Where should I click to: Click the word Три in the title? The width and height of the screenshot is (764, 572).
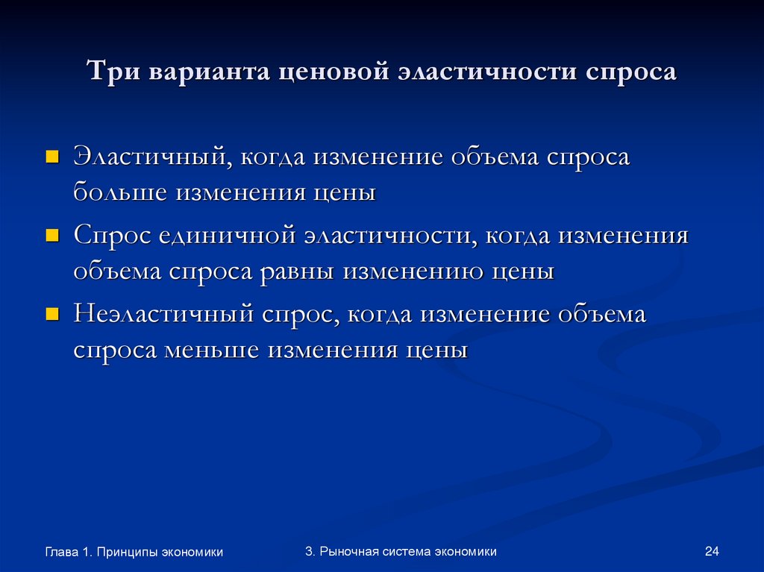pyautogui.click(x=113, y=72)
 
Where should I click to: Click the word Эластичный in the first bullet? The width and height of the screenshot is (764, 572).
pyautogui.click(x=149, y=158)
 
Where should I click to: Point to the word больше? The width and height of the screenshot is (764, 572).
pyautogui.click(x=120, y=193)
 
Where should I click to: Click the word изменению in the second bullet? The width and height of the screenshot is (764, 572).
pyautogui.click(x=413, y=271)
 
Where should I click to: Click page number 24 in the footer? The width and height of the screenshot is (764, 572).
pyautogui.click(x=711, y=551)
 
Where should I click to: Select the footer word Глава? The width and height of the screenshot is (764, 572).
pyautogui.click(x=60, y=552)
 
